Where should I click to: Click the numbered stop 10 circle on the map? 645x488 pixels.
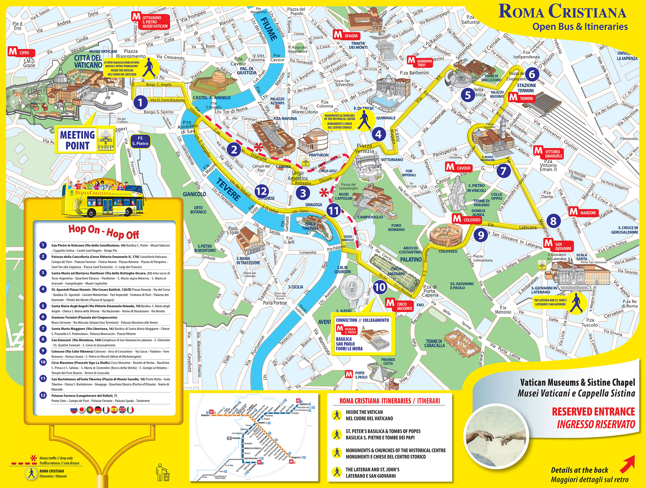tap(380, 287)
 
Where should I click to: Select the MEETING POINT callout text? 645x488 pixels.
tap(77, 140)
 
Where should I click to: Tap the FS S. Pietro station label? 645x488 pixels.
tap(140, 141)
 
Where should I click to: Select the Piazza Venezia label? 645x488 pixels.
tap(364, 148)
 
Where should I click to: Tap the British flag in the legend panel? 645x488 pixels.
tap(122, 410)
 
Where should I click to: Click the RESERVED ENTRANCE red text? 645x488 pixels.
tap(593, 412)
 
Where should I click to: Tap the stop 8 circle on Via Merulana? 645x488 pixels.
tap(553, 221)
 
